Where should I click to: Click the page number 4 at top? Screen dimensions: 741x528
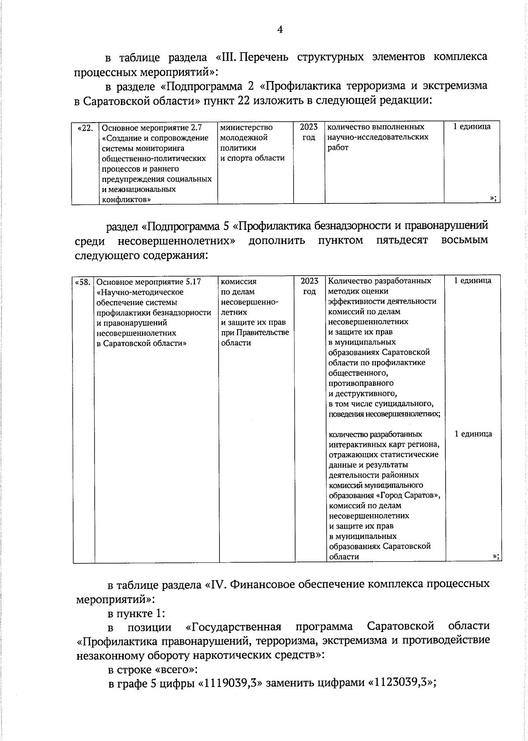280,29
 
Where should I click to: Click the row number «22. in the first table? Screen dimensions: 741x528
85,128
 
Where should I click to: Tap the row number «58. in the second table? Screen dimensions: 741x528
84,282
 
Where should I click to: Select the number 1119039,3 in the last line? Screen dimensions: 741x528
231,683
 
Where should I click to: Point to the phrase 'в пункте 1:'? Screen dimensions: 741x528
136,613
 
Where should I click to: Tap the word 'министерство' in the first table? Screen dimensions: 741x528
246,127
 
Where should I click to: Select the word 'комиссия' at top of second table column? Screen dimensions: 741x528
238,281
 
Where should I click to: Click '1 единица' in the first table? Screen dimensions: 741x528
472,127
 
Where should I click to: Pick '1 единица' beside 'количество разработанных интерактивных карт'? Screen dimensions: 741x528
473,434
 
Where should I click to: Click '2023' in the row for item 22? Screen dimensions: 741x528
309,127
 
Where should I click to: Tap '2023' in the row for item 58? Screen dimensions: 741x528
309,281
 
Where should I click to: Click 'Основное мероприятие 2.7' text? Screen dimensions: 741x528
152,128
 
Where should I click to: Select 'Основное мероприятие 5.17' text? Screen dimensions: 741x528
149,282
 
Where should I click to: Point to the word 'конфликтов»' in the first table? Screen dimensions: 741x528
126,200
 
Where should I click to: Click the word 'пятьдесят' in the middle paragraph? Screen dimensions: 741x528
402,240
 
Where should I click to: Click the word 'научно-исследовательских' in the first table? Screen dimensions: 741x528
378,137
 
